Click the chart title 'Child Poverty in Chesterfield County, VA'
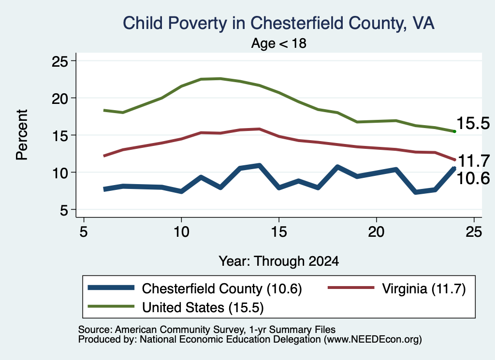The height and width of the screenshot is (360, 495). [278, 23]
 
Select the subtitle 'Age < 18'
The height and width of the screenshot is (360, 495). [279, 43]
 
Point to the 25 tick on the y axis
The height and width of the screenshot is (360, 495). [59, 61]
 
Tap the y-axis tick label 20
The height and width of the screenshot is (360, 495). [59, 98]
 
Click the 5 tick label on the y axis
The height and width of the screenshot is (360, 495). [64, 210]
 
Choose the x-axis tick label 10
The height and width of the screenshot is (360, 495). [181, 232]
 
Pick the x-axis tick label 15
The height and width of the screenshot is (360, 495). [279, 232]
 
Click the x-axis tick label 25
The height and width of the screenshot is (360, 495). [474, 232]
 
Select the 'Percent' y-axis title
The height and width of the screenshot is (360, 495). [22, 135]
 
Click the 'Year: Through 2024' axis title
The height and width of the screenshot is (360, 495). [279, 261]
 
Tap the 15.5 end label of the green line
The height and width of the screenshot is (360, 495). [473, 123]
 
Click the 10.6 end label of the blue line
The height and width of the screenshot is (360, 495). [473, 178]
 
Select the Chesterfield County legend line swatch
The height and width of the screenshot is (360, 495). [111, 288]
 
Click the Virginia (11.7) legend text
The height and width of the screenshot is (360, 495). [423, 288]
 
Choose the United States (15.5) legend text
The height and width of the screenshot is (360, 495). [203, 307]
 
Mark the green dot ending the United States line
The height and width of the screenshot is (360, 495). [454, 131]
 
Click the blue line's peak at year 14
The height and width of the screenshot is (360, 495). [259, 165]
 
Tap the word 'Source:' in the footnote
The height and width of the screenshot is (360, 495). [95, 330]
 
